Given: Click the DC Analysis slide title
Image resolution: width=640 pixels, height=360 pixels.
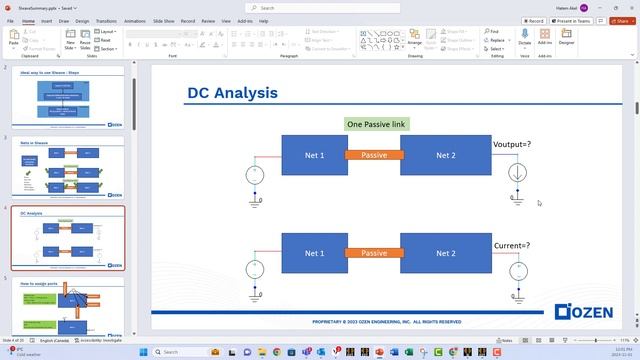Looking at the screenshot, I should click(x=232, y=94).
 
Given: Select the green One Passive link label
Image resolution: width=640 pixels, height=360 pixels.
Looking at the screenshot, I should click(x=376, y=125).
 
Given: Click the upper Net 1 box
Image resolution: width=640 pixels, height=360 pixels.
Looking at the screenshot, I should click(x=313, y=155).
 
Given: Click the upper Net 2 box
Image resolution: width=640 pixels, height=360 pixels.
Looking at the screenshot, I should click(x=445, y=155).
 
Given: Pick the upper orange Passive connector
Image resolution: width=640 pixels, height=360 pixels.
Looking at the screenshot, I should click(x=374, y=155).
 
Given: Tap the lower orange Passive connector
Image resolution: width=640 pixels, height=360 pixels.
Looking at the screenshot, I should click(x=374, y=253).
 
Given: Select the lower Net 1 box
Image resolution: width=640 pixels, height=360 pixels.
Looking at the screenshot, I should click(x=313, y=253).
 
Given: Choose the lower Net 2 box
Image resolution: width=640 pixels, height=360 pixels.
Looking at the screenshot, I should click(x=445, y=253).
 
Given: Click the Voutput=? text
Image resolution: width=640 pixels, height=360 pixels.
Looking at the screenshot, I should click(x=512, y=145).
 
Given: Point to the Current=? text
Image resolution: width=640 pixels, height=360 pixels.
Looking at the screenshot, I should click(x=512, y=245).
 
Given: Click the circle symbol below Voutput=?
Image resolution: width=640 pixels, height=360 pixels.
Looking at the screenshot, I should click(x=516, y=173).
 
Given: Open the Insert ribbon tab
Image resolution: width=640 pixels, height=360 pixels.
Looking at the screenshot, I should click(x=46, y=20).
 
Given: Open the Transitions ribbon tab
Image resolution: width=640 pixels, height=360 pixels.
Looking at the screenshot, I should click(x=106, y=20).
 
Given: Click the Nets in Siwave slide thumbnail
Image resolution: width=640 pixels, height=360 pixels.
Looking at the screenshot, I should click(x=68, y=168).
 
